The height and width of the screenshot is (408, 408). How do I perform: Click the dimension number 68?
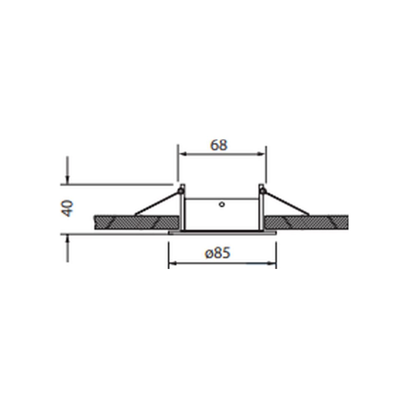coord(219,145)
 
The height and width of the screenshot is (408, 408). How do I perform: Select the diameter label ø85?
coord(218,253)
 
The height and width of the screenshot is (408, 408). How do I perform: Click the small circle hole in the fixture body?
coord(221,205)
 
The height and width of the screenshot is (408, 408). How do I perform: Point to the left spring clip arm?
coord(157,204)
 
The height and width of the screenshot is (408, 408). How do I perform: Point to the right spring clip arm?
coord(286,203)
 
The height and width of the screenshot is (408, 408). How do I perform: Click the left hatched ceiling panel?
coord(136,222)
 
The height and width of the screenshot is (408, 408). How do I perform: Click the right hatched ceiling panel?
coord(307,222)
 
